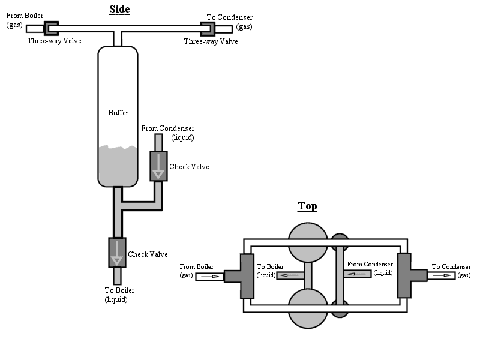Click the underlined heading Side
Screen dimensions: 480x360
click(119, 9)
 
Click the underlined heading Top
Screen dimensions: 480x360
click(307, 206)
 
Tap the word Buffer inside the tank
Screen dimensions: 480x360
click(118, 113)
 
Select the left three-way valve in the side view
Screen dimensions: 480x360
click(51, 28)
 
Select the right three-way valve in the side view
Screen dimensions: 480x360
click(208, 29)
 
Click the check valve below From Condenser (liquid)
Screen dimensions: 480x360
click(158, 166)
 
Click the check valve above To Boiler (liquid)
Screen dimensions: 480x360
click(117, 253)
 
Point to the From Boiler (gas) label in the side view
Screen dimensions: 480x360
click(25, 20)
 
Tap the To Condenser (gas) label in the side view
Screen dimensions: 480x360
click(230, 22)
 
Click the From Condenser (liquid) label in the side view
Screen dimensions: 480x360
click(168, 133)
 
